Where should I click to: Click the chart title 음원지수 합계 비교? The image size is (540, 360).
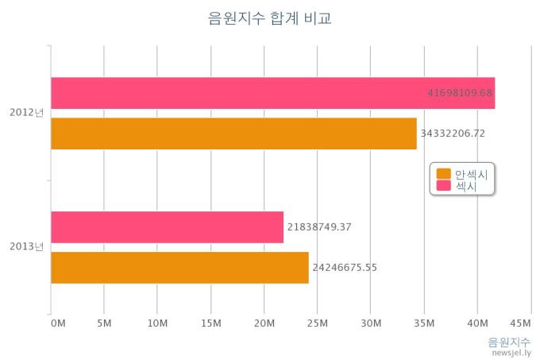269,17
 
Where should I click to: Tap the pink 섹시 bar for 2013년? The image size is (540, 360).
167,227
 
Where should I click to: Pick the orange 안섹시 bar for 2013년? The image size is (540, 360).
179,267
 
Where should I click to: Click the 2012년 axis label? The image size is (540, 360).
26,113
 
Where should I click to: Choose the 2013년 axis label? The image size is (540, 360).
26,247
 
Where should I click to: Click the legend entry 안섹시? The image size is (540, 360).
470,174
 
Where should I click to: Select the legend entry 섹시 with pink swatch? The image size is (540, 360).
464,186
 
